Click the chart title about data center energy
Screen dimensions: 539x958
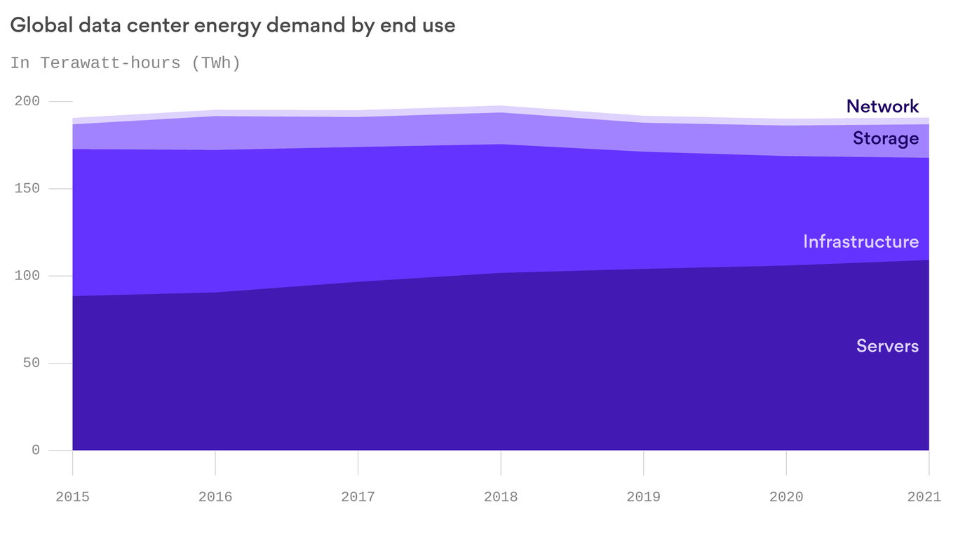click(233, 26)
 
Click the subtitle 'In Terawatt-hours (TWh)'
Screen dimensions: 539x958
click(126, 63)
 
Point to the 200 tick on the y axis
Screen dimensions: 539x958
click(27, 101)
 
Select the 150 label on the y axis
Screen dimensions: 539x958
click(27, 189)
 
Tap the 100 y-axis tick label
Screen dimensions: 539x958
click(27, 276)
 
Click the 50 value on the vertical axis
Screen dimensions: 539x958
click(32, 363)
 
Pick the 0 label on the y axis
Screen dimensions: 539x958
click(36, 451)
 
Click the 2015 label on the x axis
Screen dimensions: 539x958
click(72, 497)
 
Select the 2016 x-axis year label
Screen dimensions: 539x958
click(215, 497)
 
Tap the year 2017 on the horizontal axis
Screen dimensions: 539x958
click(358, 497)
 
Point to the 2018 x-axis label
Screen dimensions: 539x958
click(501, 497)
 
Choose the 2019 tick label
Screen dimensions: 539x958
click(643, 497)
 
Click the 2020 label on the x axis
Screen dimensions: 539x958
click(786, 497)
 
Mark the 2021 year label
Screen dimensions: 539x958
click(924, 497)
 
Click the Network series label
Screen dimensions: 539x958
click(882, 107)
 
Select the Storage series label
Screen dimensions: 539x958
click(885, 138)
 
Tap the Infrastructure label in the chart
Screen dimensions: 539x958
click(861, 241)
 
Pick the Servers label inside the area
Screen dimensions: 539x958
click(887, 346)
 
